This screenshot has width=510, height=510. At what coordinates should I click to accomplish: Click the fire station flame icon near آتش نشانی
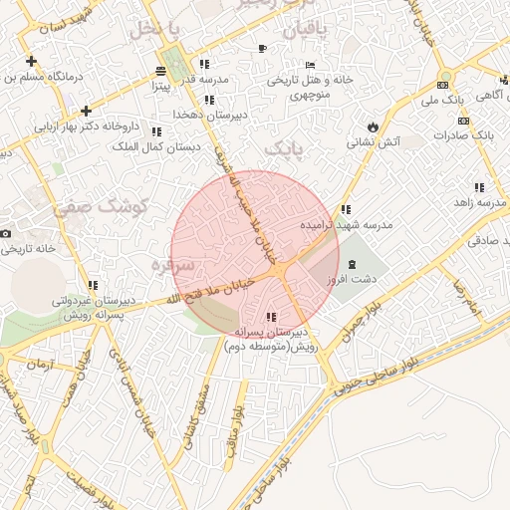[373, 127]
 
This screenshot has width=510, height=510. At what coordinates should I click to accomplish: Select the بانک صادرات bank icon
[463, 133]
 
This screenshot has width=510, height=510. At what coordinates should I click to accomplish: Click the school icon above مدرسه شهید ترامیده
[345, 209]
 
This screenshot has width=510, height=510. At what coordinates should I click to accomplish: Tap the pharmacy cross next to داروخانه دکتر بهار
[87, 111]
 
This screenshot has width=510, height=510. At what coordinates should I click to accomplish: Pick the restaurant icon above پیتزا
[160, 71]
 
